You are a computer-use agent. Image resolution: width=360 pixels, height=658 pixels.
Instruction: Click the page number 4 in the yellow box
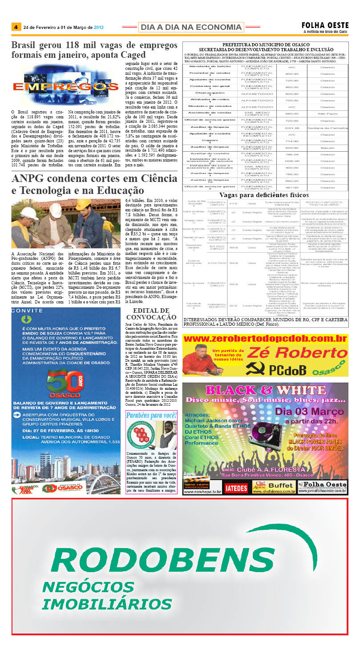coord(16,27)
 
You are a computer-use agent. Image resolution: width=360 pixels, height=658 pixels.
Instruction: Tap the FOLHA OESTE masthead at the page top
coord(325,25)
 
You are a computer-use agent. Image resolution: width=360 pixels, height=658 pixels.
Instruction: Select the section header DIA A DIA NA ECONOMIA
coord(191,28)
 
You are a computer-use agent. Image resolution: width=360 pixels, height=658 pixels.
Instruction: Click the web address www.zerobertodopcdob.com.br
coord(265,339)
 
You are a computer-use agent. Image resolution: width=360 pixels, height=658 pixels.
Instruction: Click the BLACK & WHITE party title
coord(266,390)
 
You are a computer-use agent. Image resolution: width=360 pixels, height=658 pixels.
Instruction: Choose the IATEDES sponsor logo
coord(236,488)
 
